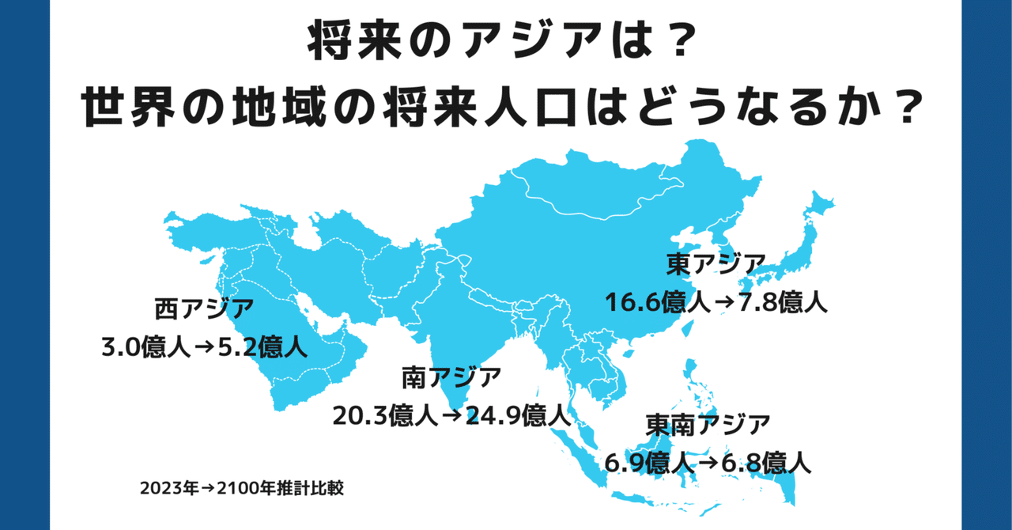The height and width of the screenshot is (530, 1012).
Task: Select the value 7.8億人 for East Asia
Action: click(784, 301)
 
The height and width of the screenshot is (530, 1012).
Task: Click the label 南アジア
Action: click(451, 377)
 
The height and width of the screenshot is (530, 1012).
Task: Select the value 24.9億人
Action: click(518, 415)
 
